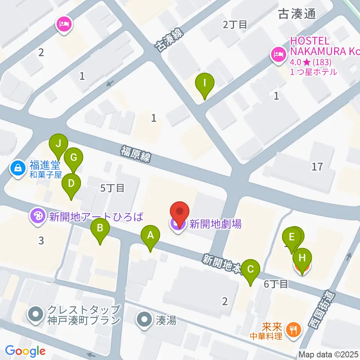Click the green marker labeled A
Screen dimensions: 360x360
click(x=150, y=236)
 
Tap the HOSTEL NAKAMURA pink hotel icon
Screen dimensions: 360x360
click(x=278, y=55)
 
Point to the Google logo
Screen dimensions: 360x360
click(x=25, y=351)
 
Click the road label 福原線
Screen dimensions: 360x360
click(x=135, y=154)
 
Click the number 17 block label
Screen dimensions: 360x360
click(x=317, y=166)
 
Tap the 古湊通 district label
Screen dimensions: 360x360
click(x=297, y=14)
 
